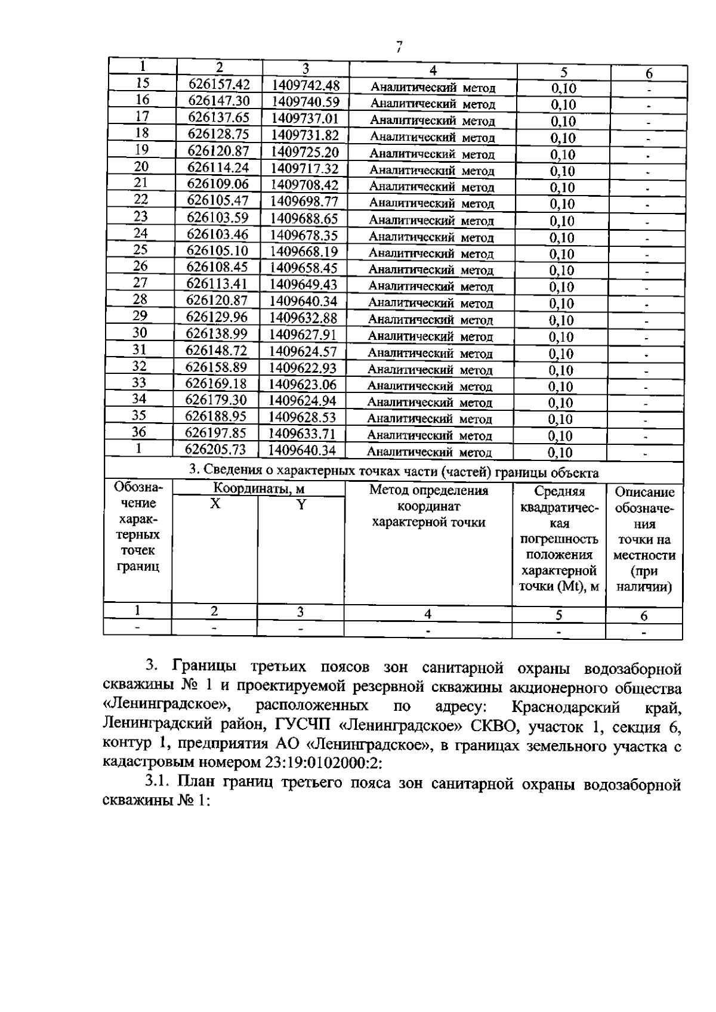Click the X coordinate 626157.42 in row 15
pyautogui.click(x=219, y=84)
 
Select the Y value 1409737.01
pyautogui.click(x=305, y=117)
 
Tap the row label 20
pyautogui.click(x=141, y=166)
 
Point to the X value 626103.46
pyautogui.click(x=217, y=234)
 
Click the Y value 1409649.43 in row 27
pyautogui.click(x=304, y=284)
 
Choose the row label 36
pyautogui.click(x=138, y=432)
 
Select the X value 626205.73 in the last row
pyautogui.click(x=215, y=449)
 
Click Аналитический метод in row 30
pyautogui.click(x=430, y=336)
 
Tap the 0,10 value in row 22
pyautogui.click(x=562, y=204)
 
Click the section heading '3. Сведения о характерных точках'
pyautogui.click(x=394, y=472)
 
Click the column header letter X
pyautogui.click(x=215, y=504)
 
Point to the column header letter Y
pyautogui.click(x=301, y=505)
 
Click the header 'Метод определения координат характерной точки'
pyautogui.click(x=428, y=506)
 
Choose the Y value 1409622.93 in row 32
pyautogui.click(x=303, y=367)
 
